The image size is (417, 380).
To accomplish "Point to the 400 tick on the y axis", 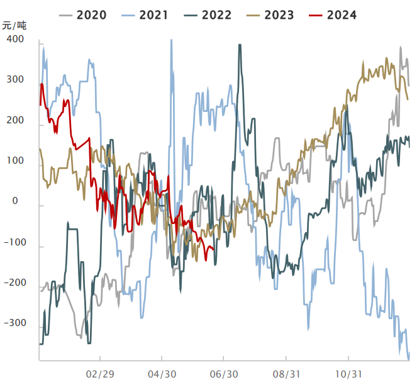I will click(15, 40).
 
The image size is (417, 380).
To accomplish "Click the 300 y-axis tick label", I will click(15, 80).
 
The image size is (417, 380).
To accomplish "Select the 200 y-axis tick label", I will click(15, 121).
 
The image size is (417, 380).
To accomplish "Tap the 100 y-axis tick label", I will click(15, 161).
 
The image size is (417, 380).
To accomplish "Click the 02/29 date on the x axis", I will click(101, 373).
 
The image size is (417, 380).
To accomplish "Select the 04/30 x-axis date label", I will click(162, 373).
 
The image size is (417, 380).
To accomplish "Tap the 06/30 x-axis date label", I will click(225, 373).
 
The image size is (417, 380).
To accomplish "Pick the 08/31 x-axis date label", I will click(286, 373).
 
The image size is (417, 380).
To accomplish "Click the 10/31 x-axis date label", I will click(349, 373).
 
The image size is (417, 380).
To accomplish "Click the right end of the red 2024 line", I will click(214, 249).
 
